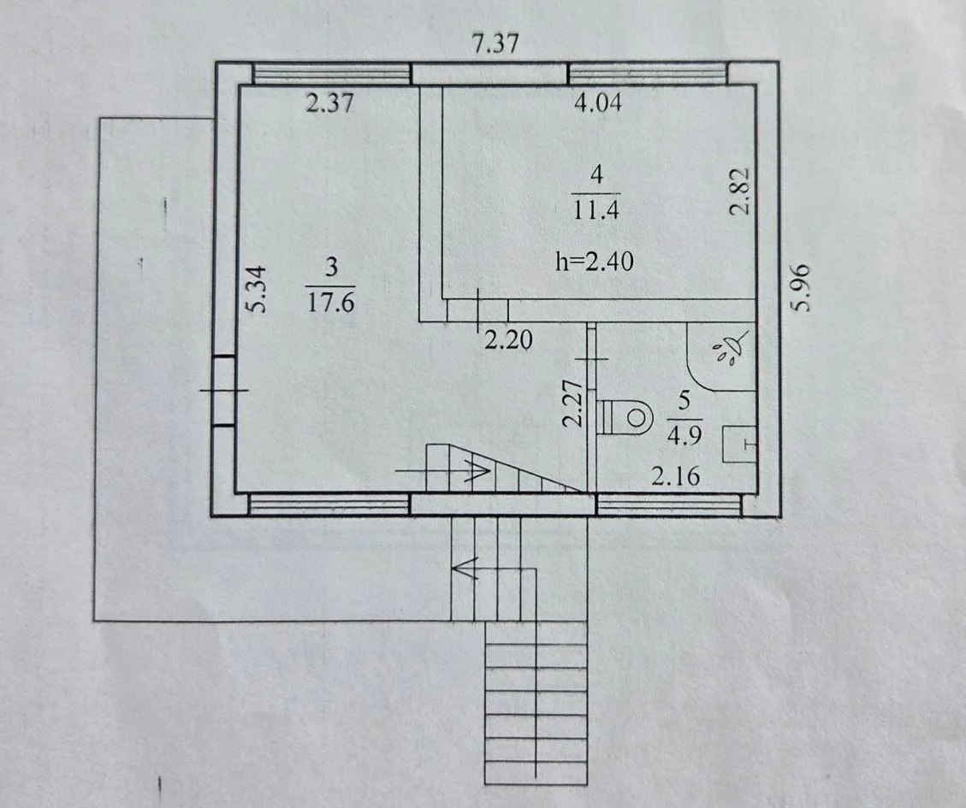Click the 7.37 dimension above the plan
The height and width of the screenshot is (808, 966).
pyautogui.click(x=495, y=44)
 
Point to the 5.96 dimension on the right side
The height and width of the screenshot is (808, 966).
pyautogui.click(x=800, y=287)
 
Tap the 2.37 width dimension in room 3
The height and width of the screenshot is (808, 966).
pyautogui.click(x=330, y=103)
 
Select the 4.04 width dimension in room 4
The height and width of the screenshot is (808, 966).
pyautogui.click(x=597, y=102)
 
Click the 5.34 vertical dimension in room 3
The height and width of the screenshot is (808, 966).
pyautogui.click(x=258, y=289)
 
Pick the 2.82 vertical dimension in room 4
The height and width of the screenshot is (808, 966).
pyautogui.click(x=740, y=191)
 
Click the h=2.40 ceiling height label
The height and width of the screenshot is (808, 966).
pyautogui.click(x=594, y=261)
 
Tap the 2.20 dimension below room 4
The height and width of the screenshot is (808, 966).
pyautogui.click(x=508, y=339)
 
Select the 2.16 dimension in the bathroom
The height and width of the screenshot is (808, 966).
pyautogui.click(x=676, y=476)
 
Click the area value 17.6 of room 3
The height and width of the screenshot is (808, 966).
pyautogui.click(x=331, y=303)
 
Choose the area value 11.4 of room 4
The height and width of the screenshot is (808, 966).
pyautogui.click(x=596, y=210)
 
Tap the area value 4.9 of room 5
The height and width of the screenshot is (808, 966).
pyautogui.click(x=684, y=435)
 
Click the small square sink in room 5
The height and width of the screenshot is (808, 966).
pyautogui.click(x=738, y=444)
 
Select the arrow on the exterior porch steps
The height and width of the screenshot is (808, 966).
pyautogui.click(x=494, y=568)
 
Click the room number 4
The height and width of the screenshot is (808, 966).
pyautogui.click(x=596, y=175)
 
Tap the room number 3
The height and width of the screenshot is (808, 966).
pyautogui.click(x=331, y=268)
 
